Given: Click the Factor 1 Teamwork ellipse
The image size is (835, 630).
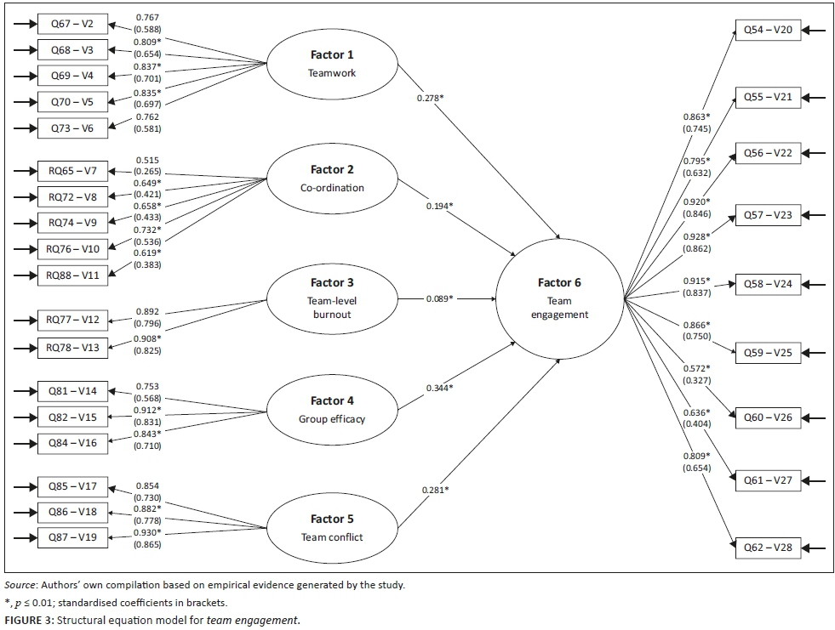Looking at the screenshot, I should click(331, 64).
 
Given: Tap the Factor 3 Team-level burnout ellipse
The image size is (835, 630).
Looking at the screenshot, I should click(331, 298).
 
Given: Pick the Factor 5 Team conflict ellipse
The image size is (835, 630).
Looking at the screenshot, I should click(331, 527).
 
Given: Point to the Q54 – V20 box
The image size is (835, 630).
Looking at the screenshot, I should click(768, 31).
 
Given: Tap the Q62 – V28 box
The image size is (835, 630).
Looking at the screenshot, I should click(768, 547).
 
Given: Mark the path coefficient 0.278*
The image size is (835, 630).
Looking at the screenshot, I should click(430, 99).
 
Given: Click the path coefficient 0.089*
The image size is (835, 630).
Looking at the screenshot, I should click(440, 298).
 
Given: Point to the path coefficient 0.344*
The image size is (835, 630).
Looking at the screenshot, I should click(439, 388).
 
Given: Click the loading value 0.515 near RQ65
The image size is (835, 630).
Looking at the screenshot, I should click(148, 160).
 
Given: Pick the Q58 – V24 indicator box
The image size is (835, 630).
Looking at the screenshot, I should click(768, 283).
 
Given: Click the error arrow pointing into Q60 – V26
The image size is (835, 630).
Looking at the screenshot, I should click(815, 417).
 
